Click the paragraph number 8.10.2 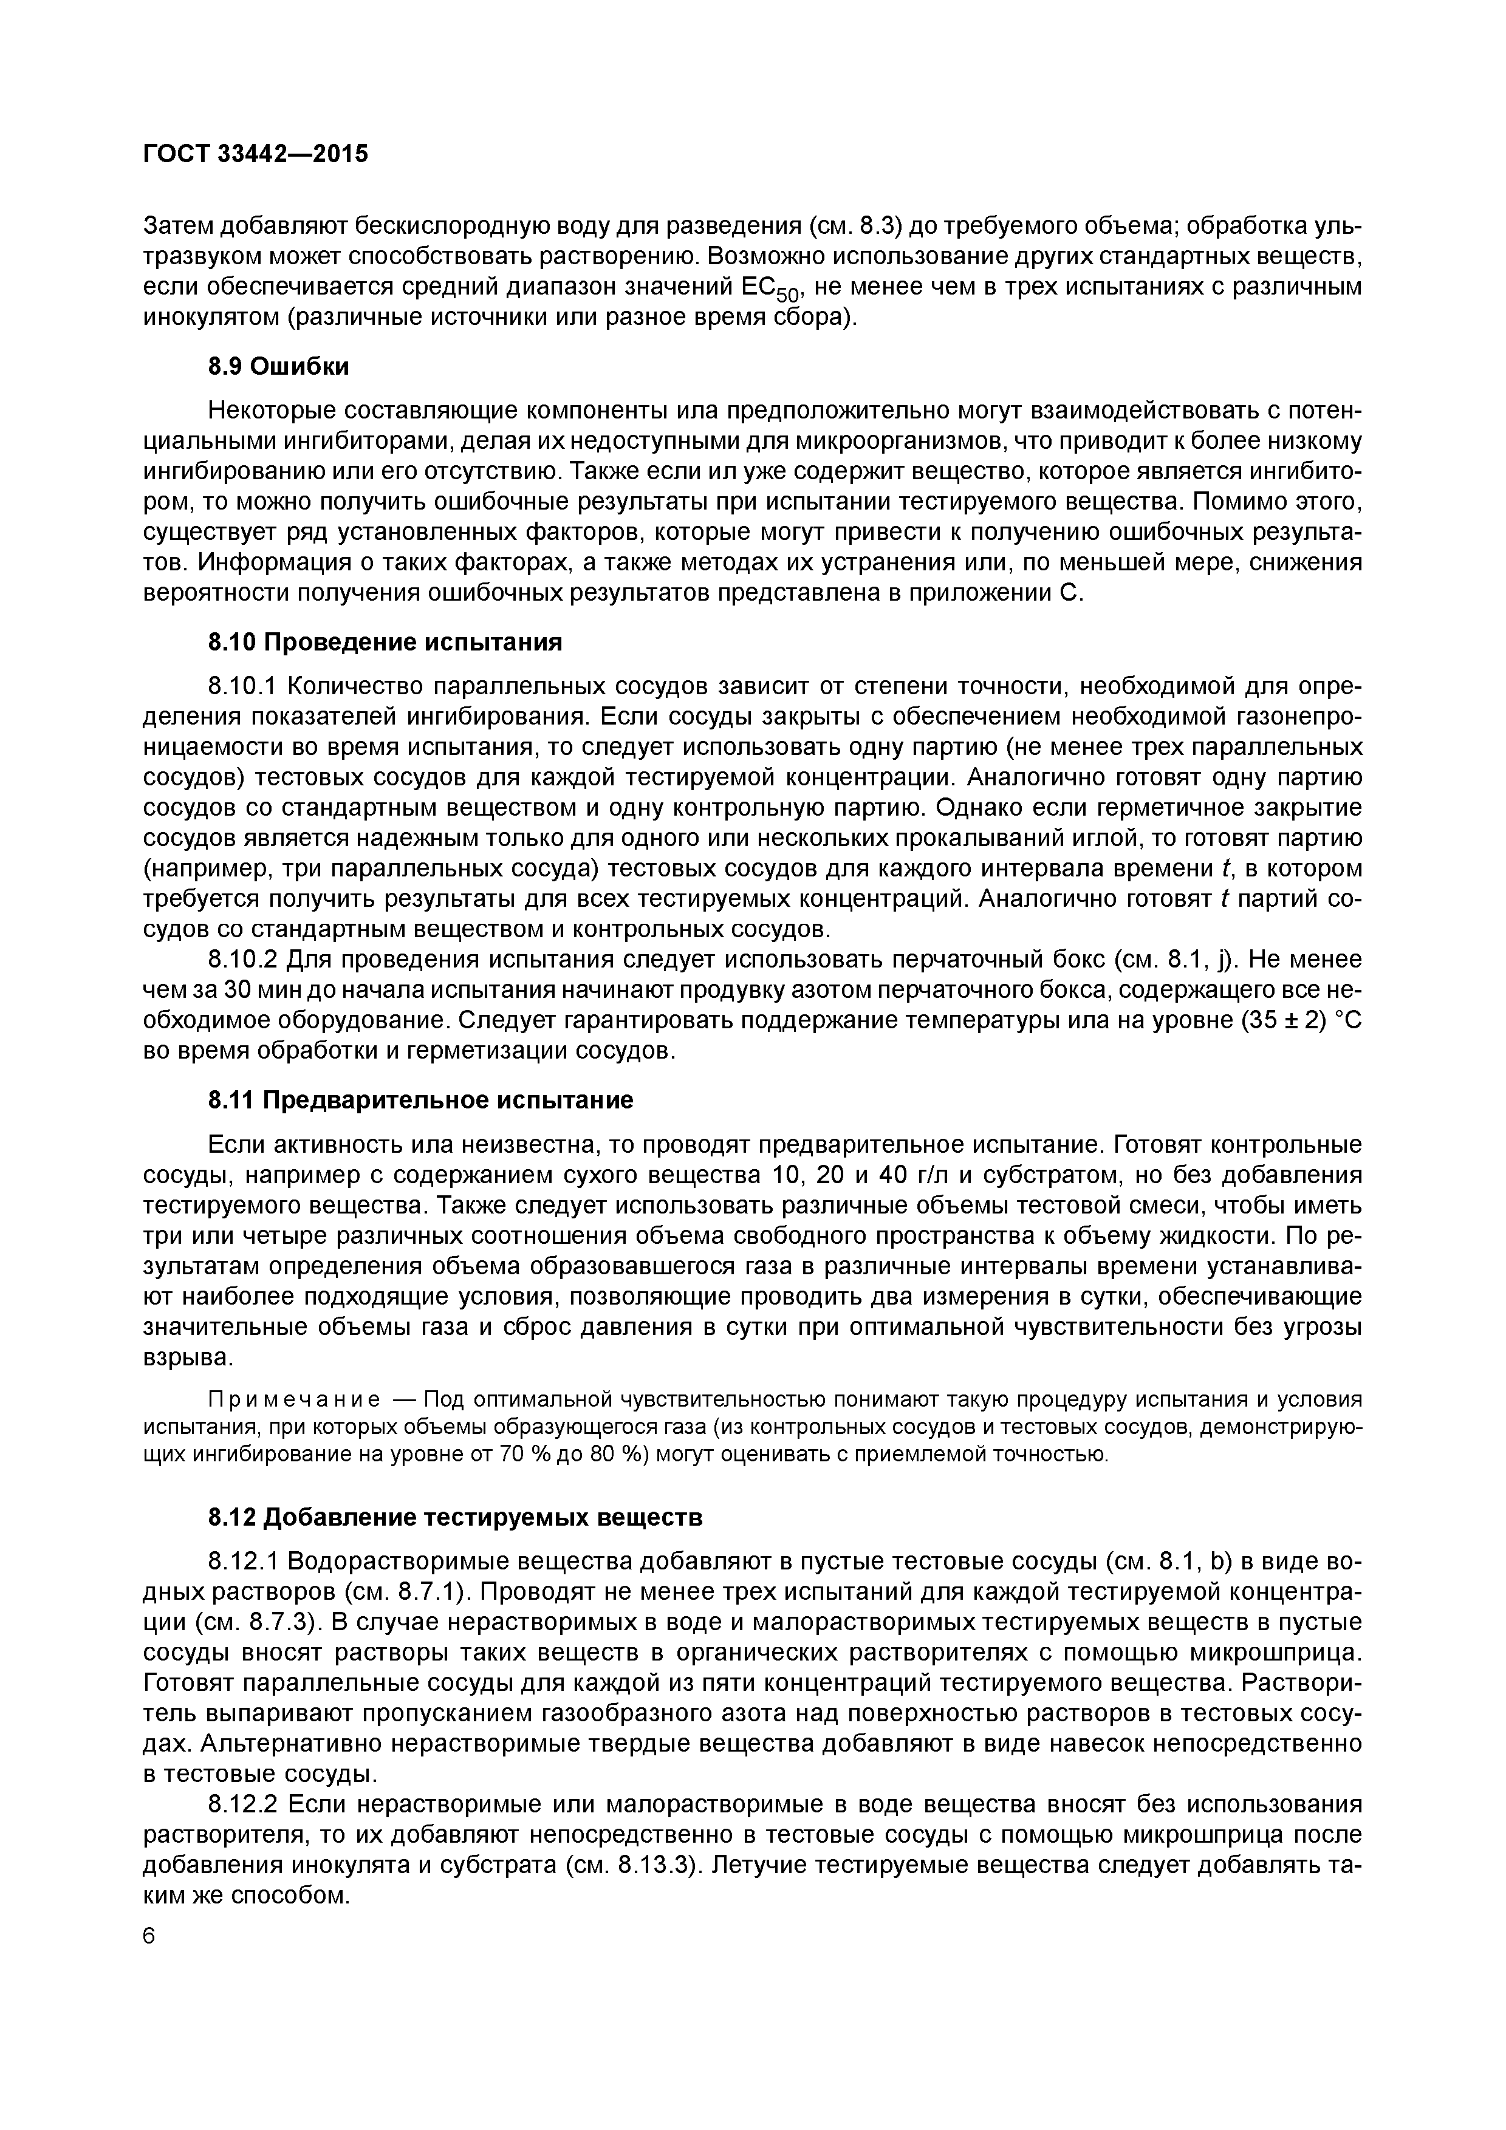pyautogui.click(x=242, y=959)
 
